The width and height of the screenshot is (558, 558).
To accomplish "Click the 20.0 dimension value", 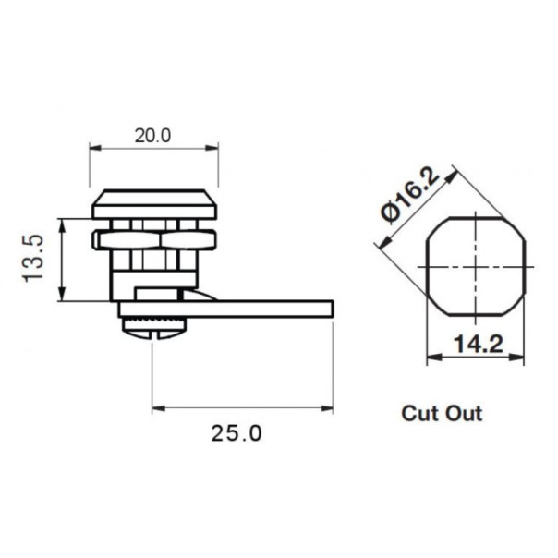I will (x=153, y=134).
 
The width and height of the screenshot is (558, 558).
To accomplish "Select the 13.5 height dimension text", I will (x=33, y=259).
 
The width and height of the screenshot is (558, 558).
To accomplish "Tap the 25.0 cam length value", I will (x=237, y=432).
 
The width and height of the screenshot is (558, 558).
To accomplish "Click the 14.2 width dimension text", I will (x=478, y=345).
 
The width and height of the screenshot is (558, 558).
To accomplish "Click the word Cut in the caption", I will (x=420, y=413).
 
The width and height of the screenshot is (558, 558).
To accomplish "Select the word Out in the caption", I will (x=464, y=413).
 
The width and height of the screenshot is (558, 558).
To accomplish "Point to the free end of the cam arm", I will (x=323, y=309).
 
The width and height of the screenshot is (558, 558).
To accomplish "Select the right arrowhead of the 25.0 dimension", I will (x=327, y=407).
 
